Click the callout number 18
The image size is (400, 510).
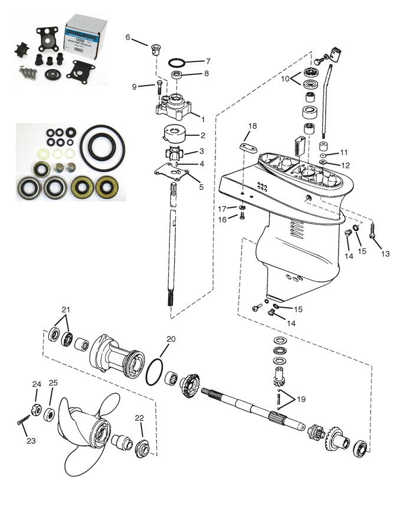click(x=252, y=126)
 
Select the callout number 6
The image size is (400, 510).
click(x=128, y=37)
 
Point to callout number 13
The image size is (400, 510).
click(x=386, y=254)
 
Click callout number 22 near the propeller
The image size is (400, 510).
click(x=140, y=418)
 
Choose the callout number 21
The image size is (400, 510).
click(x=65, y=309)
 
